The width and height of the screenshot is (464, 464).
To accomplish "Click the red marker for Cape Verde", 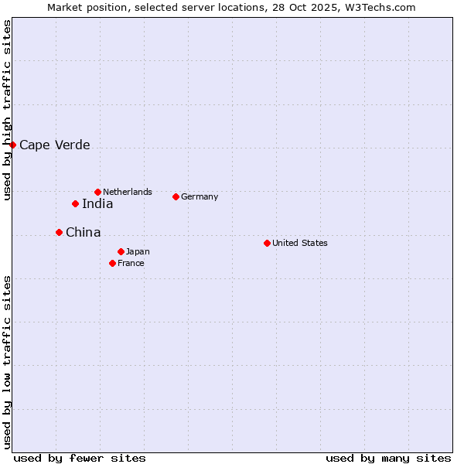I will (12, 145).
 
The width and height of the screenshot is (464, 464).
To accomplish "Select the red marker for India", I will (75, 204).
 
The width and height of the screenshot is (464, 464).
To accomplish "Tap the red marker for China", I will (59, 232).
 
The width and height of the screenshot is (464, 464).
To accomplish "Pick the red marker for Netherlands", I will (97, 192).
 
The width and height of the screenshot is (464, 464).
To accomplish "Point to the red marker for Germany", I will (176, 196).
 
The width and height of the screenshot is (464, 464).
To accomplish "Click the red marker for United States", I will (267, 243).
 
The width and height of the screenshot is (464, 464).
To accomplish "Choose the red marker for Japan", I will (121, 251).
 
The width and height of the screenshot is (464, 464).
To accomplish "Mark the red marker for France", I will (112, 263).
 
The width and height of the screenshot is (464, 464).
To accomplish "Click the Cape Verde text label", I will (54, 145).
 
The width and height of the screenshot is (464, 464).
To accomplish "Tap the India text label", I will (97, 204).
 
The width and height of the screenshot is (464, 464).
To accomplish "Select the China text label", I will (83, 233).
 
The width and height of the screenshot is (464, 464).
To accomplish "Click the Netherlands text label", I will (128, 192).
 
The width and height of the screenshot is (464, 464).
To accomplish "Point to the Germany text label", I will (200, 196).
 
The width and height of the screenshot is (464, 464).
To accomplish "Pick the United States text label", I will (300, 243).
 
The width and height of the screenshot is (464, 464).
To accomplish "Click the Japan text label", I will (138, 251).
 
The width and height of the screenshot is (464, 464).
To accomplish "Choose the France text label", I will (131, 263).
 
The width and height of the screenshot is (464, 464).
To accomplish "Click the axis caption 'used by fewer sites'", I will (80, 458).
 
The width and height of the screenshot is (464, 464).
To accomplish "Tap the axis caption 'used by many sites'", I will (388, 458).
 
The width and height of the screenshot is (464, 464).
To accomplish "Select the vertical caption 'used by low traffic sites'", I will (7, 362).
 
